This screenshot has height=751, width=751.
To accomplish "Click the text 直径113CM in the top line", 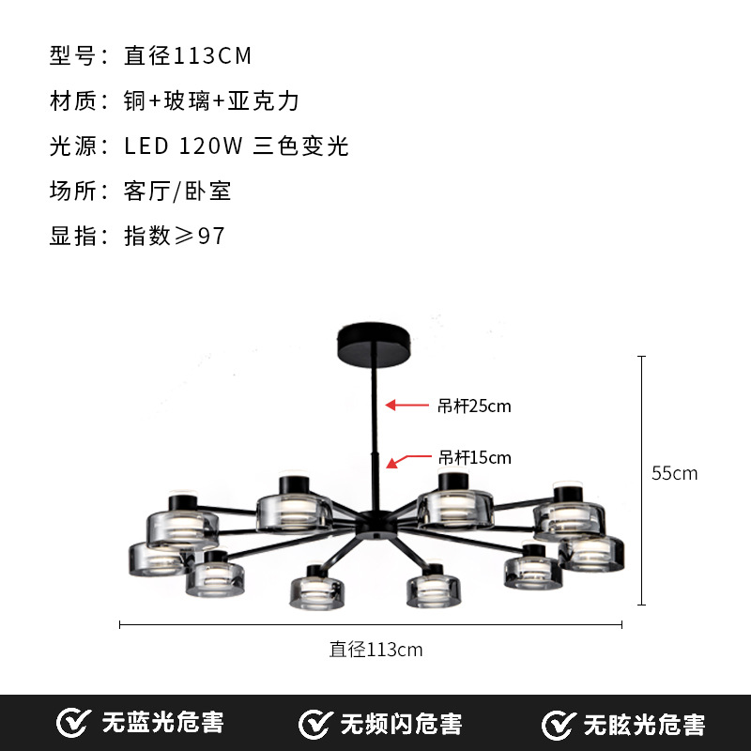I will point(188,56).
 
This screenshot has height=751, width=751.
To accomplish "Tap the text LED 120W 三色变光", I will point(236,146).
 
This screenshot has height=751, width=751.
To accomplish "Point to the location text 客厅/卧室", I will point(177,192).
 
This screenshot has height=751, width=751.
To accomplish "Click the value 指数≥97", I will point(175,237).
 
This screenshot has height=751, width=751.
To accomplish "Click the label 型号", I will point(73,56).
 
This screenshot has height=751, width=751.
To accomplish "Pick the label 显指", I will point(73,237).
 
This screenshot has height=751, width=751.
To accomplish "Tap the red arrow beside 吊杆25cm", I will point(406,406).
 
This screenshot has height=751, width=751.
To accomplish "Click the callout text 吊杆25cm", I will point(474,406).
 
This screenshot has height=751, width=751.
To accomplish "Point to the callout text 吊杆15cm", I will point(475,458).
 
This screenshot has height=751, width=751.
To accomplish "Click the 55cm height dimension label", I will point(675,473).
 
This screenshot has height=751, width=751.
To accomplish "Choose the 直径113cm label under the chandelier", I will point(375,650).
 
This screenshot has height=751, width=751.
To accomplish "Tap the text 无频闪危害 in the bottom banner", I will point(401,724).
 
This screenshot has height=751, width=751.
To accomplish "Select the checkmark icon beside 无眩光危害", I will point(559,724).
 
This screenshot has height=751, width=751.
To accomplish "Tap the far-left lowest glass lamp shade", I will point(155,559).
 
